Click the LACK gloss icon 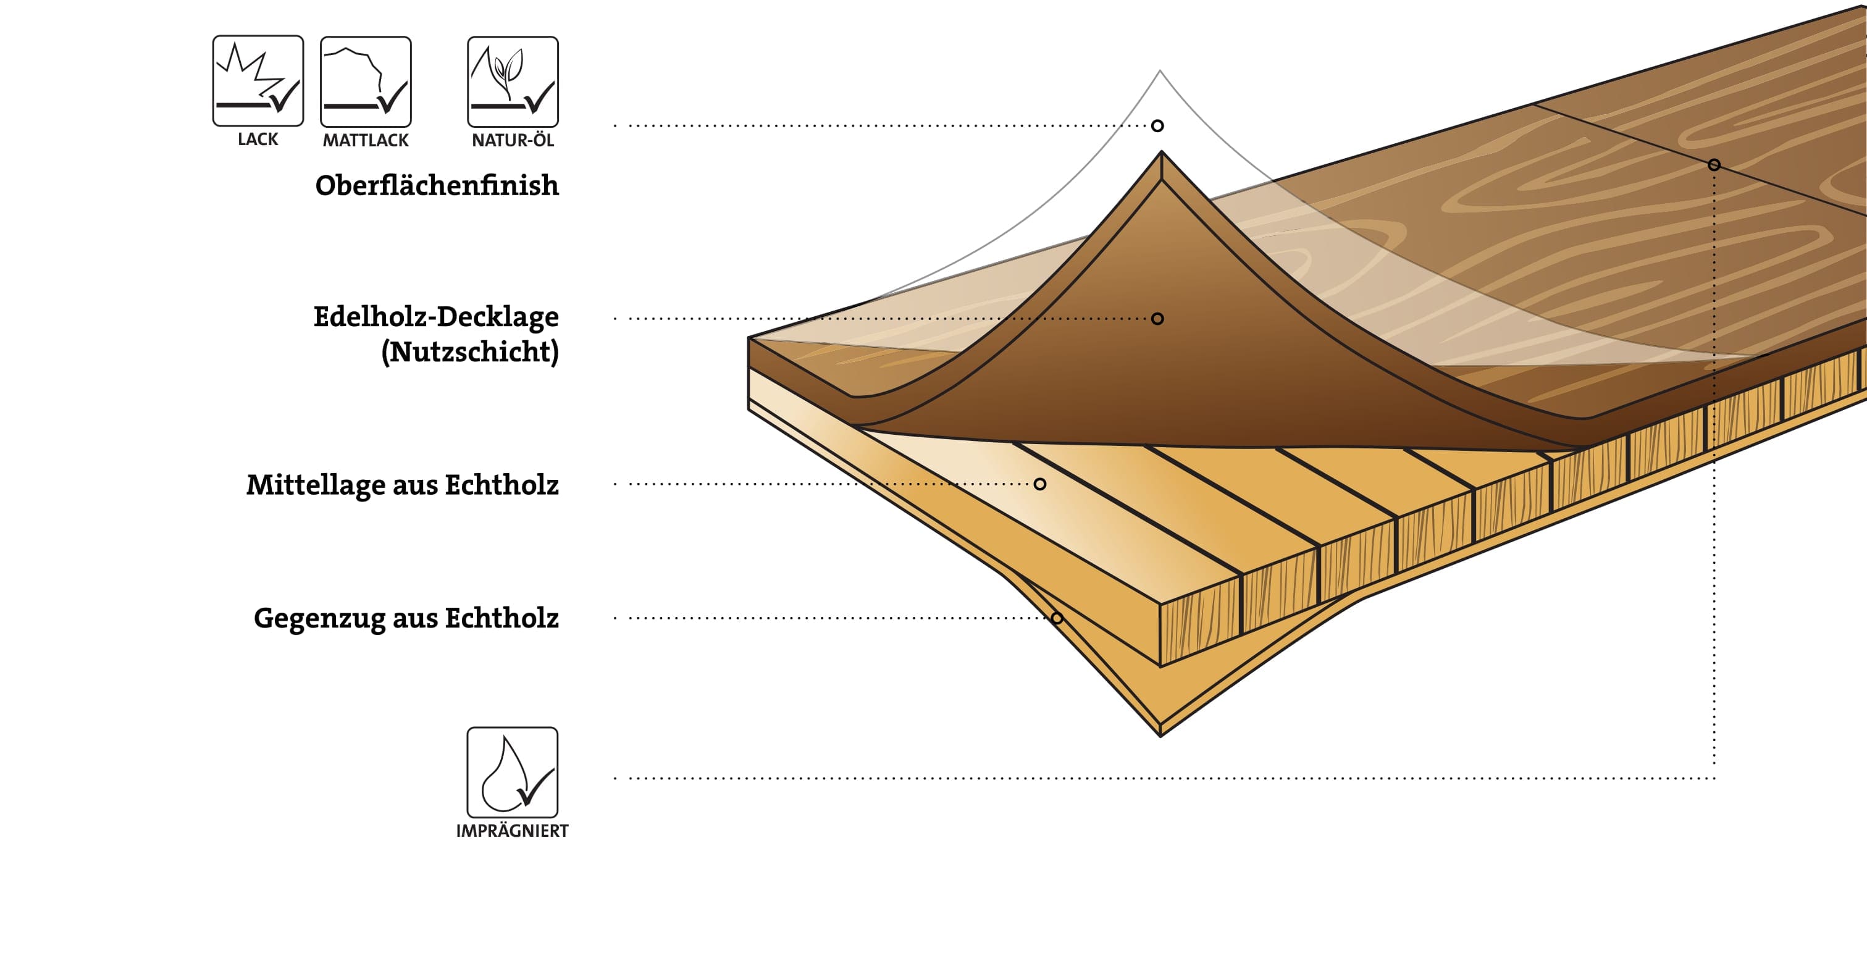click(x=258, y=80)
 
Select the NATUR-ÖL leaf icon click(x=513, y=81)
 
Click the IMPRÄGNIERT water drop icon click(x=512, y=773)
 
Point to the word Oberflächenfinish click(x=437, y=185)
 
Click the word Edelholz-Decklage click(x=436, y=317)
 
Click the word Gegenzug click(x=320, y=619)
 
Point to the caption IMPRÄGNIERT click(x=512, y=831)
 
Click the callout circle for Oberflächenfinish click(x=1157, y=126)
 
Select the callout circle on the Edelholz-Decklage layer click(x=1157, y=319)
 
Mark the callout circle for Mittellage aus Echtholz click(x=1040, y=484)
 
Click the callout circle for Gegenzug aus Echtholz click(x=1057, y=618)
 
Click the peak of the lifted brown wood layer click(x=1161, y=154)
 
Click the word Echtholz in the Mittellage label click(x=501, y=485)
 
